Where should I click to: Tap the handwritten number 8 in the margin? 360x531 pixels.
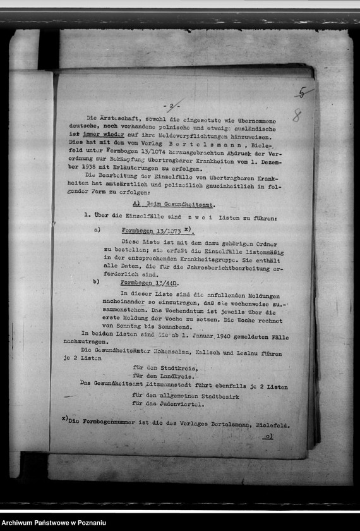[296, 116]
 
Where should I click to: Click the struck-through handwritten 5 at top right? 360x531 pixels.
[303, 93]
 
